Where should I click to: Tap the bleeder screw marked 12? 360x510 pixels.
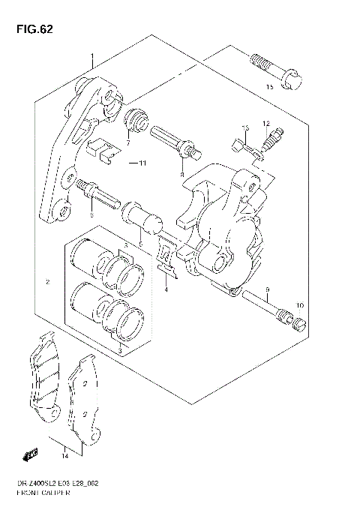[x=272, y=139]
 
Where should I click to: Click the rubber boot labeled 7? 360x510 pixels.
[x=136, y=119]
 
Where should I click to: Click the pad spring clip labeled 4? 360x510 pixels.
[x=168, y=253]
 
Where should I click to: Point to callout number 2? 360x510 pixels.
[x=47, y=282]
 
